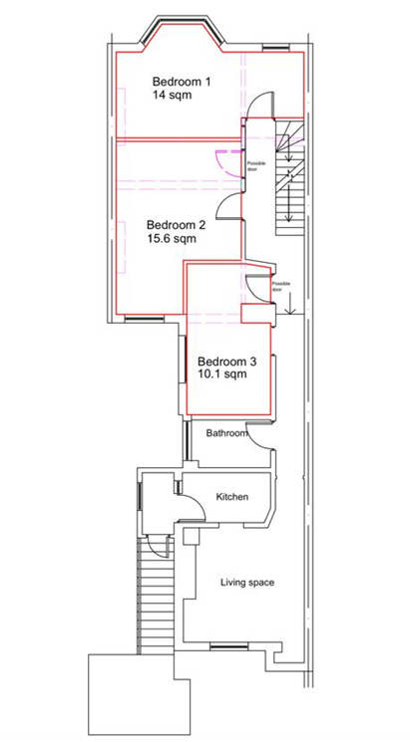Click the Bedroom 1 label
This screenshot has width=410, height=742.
click(182, 82)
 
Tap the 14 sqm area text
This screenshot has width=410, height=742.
click(172, 96)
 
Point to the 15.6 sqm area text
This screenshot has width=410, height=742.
click(172, 238)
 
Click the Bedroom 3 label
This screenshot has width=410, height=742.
click(227, 362)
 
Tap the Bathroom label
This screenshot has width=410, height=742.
click(227, 433)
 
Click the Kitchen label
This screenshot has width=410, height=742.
click(232, 497)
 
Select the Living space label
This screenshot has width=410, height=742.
click(247, 583)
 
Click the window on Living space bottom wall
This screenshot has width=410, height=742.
click(228, 645)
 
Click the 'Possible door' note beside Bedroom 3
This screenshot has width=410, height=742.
click(280, 286)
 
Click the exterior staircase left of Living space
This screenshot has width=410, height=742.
click(156, 596)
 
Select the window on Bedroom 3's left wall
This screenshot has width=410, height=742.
click(182, 360)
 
